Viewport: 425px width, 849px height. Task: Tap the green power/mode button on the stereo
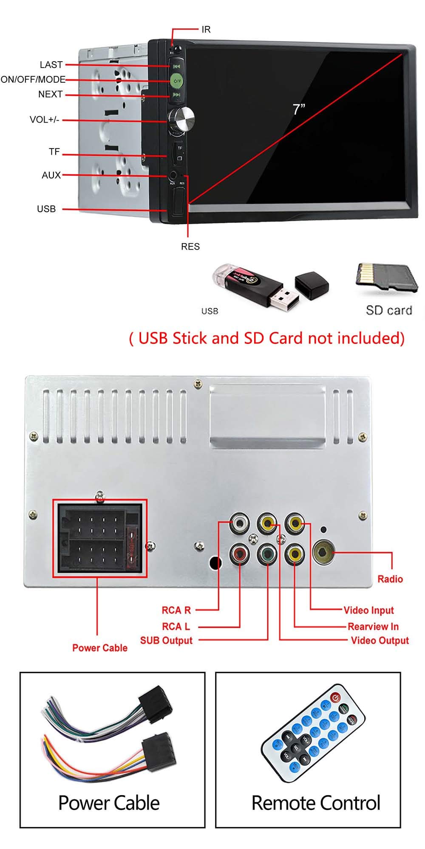[x=177, y=80]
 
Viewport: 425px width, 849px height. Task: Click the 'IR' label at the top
[x=206, y=29]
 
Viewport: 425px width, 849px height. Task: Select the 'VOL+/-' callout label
[x=44, y=119]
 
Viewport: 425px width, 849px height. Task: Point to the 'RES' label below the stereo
[x=190, y=247]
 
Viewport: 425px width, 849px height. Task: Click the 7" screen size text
[x=299, y=109]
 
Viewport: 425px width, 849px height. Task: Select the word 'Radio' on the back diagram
[x=390, y=579]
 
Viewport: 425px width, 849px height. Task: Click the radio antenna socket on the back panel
[x=323, y=552]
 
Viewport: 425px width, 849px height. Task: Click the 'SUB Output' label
[x=166, y=640]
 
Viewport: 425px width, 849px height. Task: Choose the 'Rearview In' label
[x=373, y=626]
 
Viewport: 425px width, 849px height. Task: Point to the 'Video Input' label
[x=368, y=610]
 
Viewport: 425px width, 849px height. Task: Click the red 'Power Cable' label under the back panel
[x=100, y=647]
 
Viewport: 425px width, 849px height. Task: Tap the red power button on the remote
[x=336, y=697]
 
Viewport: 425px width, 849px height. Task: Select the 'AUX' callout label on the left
[x=51, y=175]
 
